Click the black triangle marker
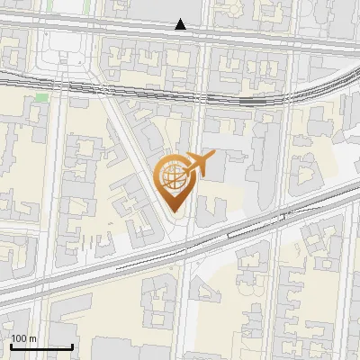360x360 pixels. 181,24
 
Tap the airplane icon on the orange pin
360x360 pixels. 199,164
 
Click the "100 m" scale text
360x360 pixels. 23,338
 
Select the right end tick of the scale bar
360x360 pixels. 72,346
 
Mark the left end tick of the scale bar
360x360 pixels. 11,346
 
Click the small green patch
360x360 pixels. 41,96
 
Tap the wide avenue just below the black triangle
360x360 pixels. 180,37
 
